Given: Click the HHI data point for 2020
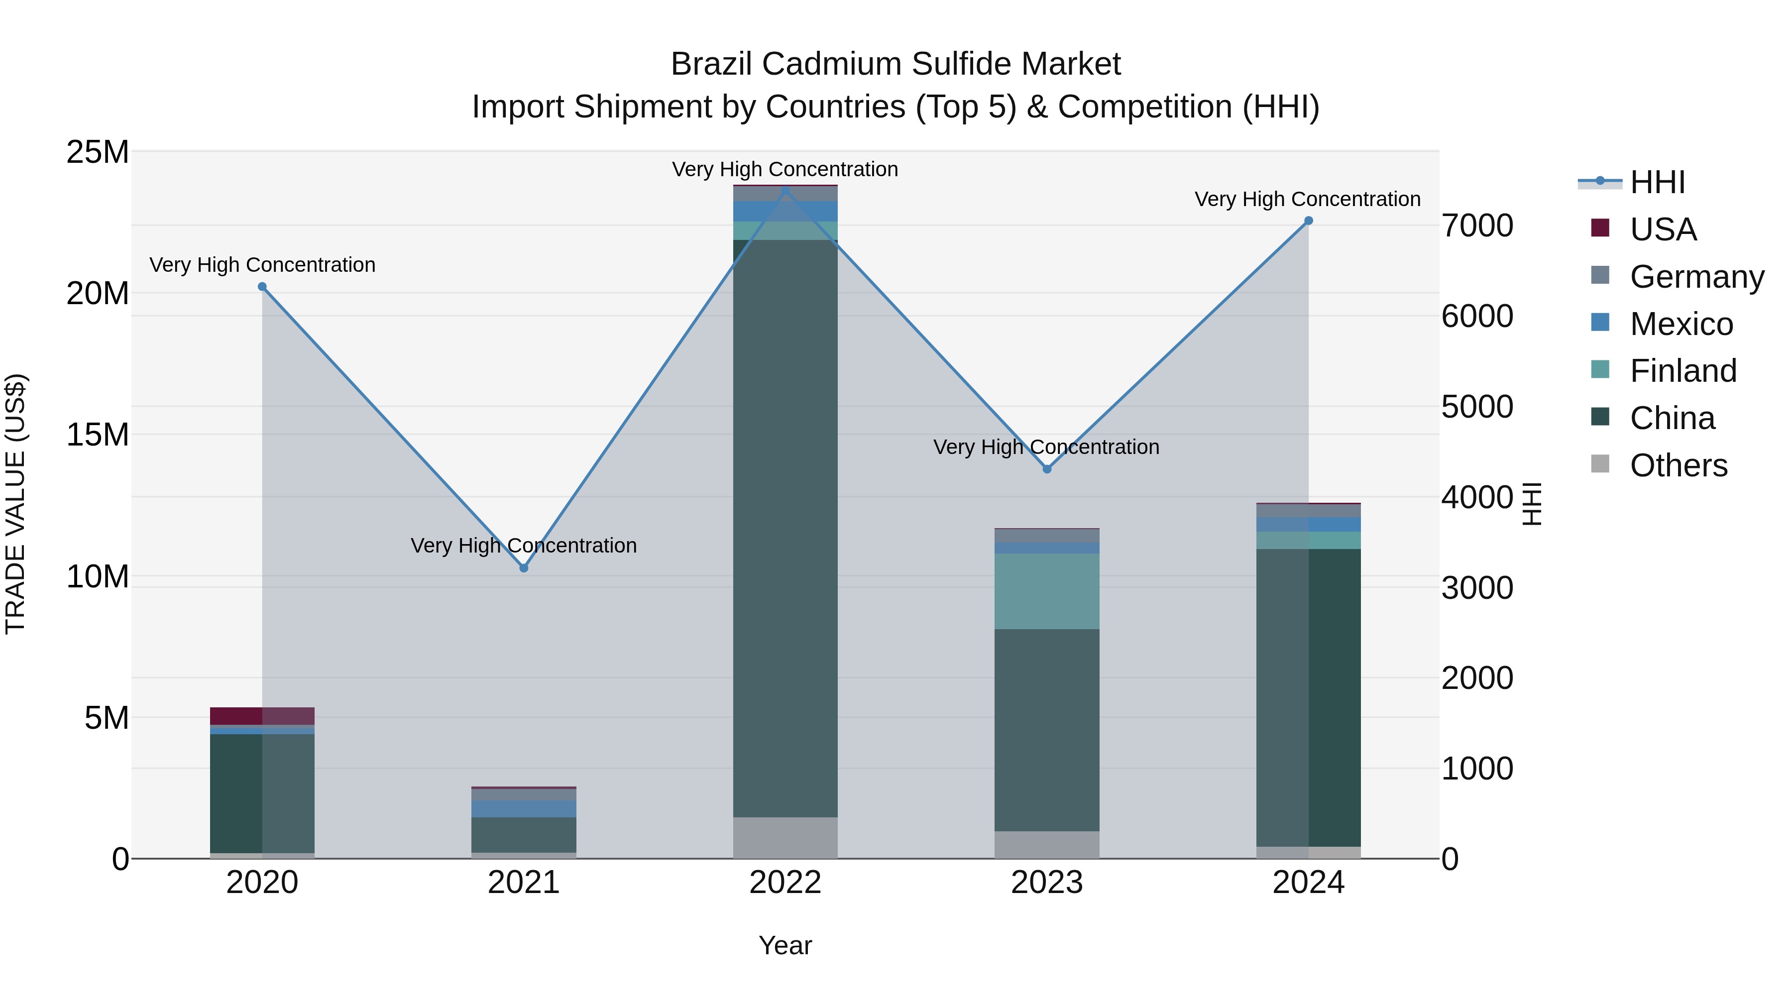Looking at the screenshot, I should click(x=262, y=287).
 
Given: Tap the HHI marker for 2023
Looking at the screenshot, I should click(x=1047, y=469).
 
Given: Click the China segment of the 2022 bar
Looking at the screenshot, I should click(x=785, y=529).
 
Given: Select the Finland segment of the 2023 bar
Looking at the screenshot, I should click(x=1047, y=591).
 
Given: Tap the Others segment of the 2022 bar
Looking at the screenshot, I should click(x=785, y=838).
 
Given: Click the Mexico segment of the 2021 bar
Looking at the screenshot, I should click(x=524, y=808).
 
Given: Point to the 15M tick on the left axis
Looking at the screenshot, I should click(x=98, y=435).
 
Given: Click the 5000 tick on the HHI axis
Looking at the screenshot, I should click(x=1477, y=407).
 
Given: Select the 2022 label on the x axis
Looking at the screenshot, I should click(x=785, y=883).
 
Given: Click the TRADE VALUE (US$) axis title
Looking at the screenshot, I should click(x=15, y=504).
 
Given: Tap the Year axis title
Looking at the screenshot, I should click(x=785, y=945).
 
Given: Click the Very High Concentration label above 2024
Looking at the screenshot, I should click(x=1307, y=199).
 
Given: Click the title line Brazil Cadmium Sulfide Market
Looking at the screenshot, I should click(x=896, y=64).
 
